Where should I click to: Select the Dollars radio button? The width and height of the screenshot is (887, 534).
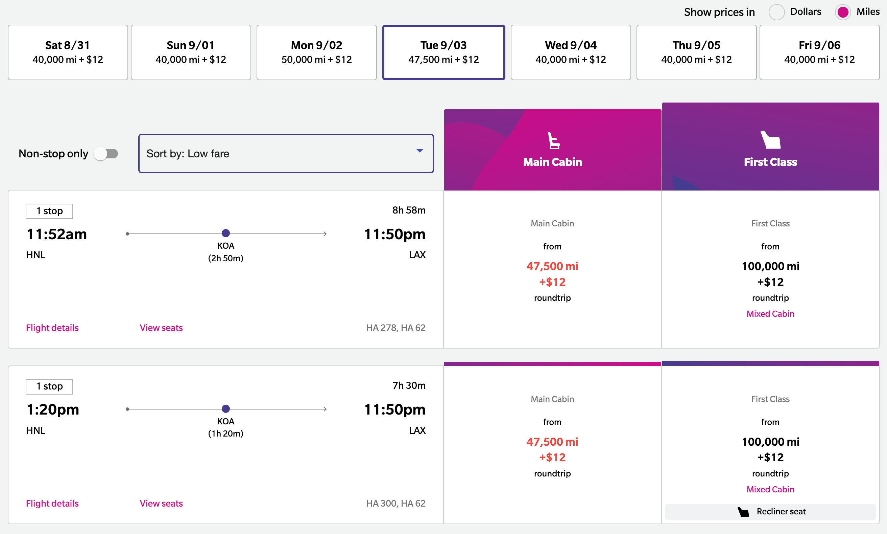pos(776,12)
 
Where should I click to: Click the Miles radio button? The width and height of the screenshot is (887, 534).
pos(842,12)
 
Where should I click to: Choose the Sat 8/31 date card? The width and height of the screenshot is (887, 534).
pos(68,52)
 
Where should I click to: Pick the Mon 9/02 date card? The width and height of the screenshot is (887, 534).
pos(316,52)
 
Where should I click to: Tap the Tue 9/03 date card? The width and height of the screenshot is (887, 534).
pos(443,52)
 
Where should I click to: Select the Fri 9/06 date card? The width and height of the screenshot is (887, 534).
pos(819,52)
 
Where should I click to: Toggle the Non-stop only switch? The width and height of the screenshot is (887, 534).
pos(106,154)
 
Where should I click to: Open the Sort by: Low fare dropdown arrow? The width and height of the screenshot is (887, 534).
pos(419,151)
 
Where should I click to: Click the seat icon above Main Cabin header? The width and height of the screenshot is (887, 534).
pos(553,140)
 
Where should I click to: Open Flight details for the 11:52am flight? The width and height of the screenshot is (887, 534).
pos(52,328)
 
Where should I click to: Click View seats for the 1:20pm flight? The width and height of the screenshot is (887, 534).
pos(161,504)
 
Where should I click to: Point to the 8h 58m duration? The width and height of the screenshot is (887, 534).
pos(409,210)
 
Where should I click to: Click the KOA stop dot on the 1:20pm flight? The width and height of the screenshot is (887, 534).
pos(226,409)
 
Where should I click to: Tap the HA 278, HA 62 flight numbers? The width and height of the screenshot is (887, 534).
pos(395,328)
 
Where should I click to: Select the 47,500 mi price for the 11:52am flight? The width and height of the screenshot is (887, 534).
pos(552,266)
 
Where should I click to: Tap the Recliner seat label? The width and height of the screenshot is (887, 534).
pos(781,512)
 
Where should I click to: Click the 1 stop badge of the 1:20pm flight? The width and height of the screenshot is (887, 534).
pos(49,386)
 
